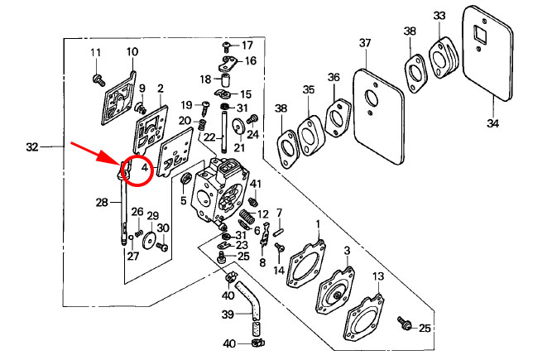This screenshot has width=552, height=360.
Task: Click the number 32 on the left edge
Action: point(32,147)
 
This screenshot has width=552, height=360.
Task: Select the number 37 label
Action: point(365,43)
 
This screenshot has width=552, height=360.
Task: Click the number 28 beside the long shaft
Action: point(102,201)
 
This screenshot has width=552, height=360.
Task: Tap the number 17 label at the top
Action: point(247,44)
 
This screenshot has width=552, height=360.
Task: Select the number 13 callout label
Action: point(377,276)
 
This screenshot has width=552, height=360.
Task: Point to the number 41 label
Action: point(256,183)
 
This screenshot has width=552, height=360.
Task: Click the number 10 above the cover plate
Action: point(132,52)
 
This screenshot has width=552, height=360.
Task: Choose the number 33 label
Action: point(439,16)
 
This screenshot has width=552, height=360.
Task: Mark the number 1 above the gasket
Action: point(319,224)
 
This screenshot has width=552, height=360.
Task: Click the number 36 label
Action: point(334,77)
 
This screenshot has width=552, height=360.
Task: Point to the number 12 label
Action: point(263,214)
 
